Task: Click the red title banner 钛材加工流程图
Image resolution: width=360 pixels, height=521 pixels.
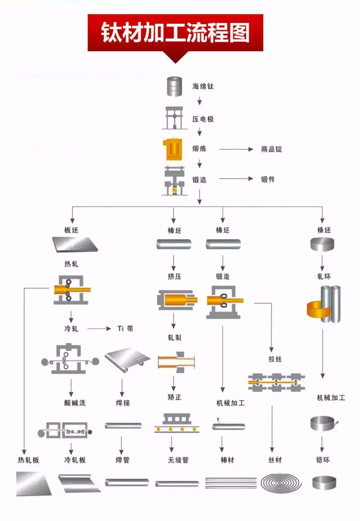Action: [x=175, y=32]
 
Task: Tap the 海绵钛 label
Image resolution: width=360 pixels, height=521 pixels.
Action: [x=203, y=86]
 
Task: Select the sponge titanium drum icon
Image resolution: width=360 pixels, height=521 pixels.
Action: [x=174, y=86]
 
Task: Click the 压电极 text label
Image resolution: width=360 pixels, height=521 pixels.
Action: [x=203, y=119]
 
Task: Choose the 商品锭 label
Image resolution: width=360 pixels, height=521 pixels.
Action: [x=271, y=149]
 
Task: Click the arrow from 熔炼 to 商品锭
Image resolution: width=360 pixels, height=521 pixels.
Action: [x=236, y=149]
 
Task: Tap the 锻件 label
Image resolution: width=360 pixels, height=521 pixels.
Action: [x=268, y=179]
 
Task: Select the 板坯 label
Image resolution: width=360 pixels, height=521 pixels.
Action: [x=71, y=230]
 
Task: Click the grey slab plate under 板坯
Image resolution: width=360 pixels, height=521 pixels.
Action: [x=75, y=244]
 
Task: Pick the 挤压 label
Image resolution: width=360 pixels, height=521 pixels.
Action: [x=174, y=277]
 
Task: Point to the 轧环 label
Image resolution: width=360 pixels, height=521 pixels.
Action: [x=324, y=277]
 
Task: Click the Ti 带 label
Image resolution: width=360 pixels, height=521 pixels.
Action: [x=125, y=328]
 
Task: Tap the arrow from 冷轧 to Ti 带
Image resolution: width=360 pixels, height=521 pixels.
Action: [x=99, y=328]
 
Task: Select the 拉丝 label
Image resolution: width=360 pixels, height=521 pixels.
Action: [x=275, y=359]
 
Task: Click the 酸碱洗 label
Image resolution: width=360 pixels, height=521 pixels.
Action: [x=75, y=403]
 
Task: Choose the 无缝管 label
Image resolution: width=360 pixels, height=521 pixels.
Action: [x=178, y=460]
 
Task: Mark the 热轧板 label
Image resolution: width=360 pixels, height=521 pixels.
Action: [x=28, y=460]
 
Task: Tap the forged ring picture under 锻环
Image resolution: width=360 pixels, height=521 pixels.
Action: [x=324, y=482]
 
